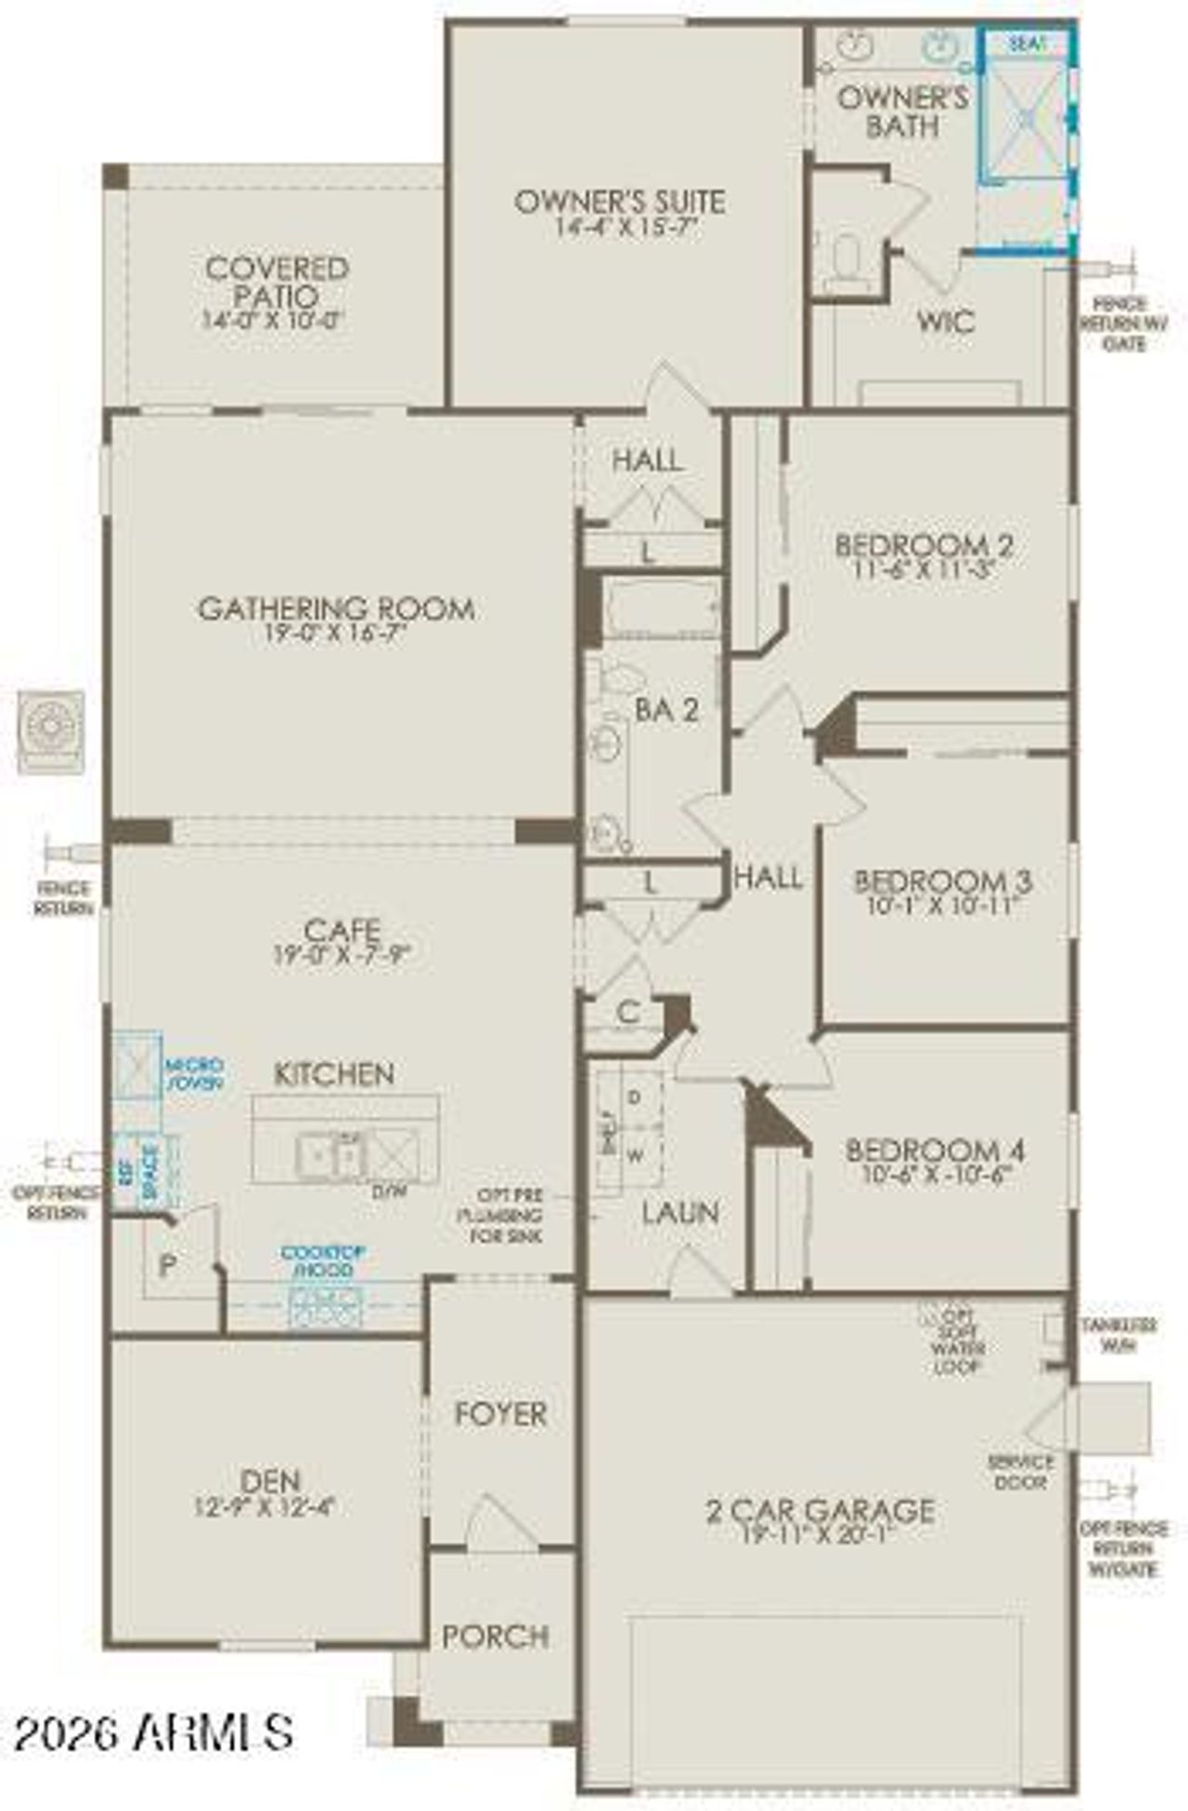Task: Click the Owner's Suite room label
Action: pos(619,201)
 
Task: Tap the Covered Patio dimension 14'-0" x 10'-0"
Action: pos(275,321)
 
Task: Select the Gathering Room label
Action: pos(336,609)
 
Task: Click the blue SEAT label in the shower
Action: pos(1027,44)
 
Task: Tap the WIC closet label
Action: pos(946,322)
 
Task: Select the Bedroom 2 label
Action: pos(923,545)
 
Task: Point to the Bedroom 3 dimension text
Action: pos(943,905)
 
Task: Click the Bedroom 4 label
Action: pos(935,1151)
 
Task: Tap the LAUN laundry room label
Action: pos(680,1212)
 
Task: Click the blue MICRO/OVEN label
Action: pos(194,1074)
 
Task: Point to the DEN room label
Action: pos(269,1481)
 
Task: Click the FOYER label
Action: pos(500,1414)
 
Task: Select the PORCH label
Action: pos(495,1636)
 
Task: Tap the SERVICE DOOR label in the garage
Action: pos(1020,1472)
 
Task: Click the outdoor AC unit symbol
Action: pos(51,731)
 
